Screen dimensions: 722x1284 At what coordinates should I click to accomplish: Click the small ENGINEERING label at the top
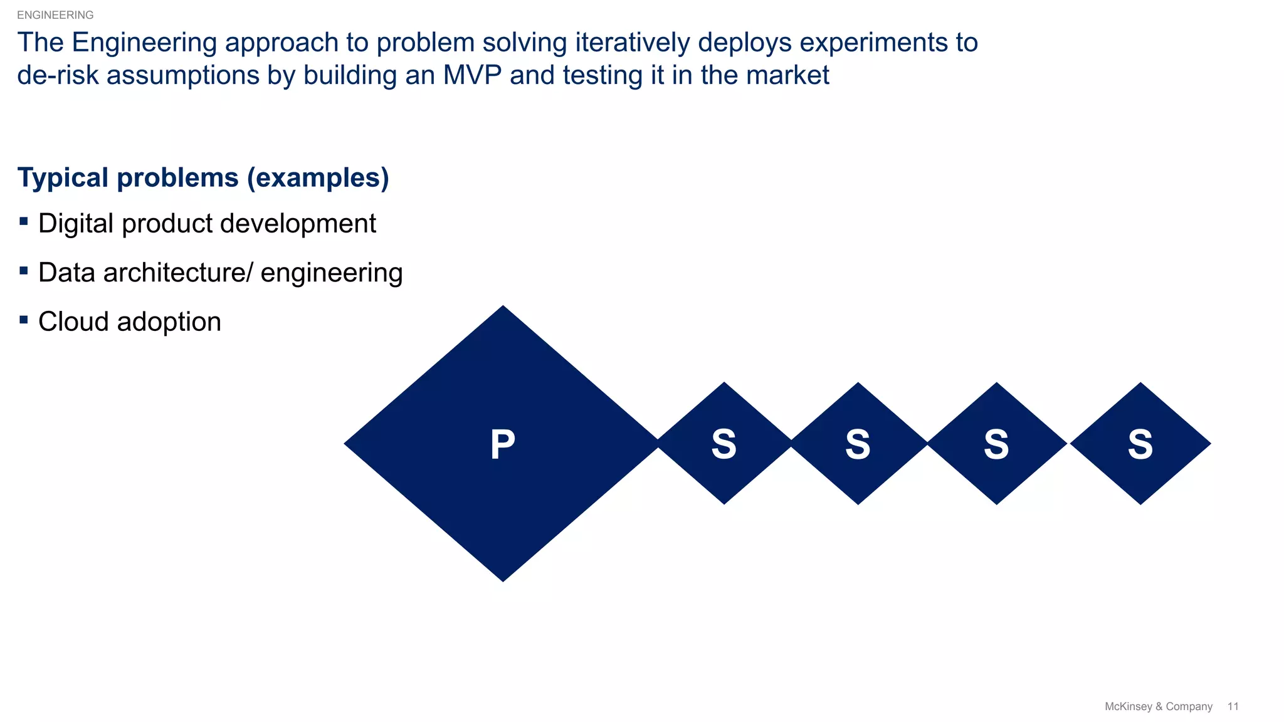coord(55,15)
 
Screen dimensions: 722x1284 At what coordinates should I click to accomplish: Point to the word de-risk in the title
coord(58,75)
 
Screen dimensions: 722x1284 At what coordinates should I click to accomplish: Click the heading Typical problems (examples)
coord(203,177)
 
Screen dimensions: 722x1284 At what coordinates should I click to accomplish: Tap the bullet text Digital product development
coord(207,224)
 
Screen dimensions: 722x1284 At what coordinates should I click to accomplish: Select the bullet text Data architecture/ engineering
coord(220,273)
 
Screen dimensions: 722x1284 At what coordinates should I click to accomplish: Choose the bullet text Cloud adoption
coord(130,322)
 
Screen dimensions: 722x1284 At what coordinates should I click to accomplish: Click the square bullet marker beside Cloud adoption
coord(24,320)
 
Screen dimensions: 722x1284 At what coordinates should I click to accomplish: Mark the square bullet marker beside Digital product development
coord(24,221)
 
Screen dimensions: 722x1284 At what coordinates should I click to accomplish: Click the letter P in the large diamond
coord(503,444)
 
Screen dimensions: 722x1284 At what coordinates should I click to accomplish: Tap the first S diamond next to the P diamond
coord(724,444)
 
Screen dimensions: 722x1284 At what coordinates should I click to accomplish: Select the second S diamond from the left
coord(858,444)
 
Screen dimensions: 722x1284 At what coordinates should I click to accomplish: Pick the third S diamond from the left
coord(996,444)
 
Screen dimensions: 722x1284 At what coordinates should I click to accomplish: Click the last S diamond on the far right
coord(1140,444)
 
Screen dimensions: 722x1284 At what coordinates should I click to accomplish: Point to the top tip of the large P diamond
coord(503,308)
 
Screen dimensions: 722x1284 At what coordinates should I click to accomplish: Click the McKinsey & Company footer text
coord(1158,706)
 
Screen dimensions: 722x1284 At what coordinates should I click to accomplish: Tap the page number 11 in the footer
coord(1233,706)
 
